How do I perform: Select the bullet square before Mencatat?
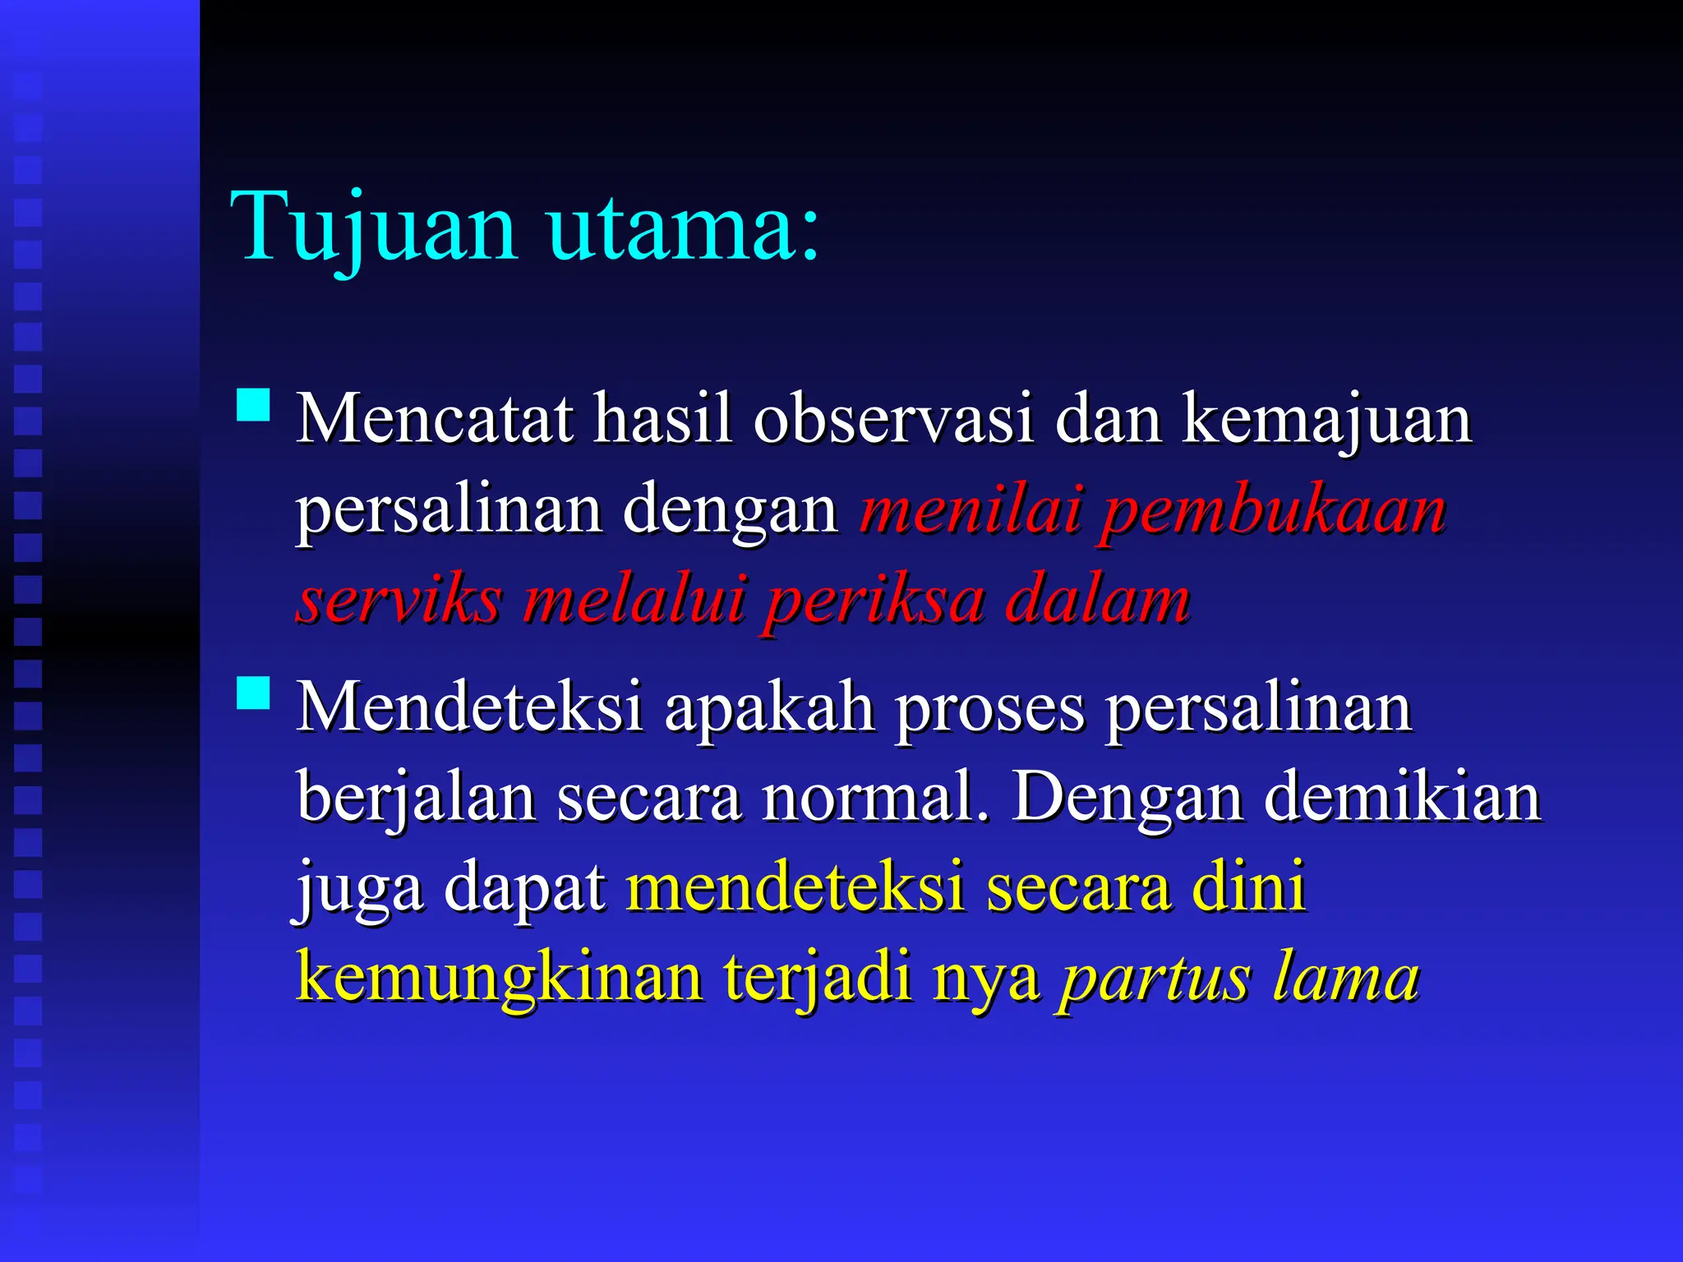coord(253,405)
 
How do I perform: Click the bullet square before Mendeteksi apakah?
coord(253,693)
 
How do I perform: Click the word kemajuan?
coord(1326,421)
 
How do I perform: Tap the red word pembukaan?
coord(1273,511)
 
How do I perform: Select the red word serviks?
coord(399,600)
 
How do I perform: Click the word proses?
coord(989,708)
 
